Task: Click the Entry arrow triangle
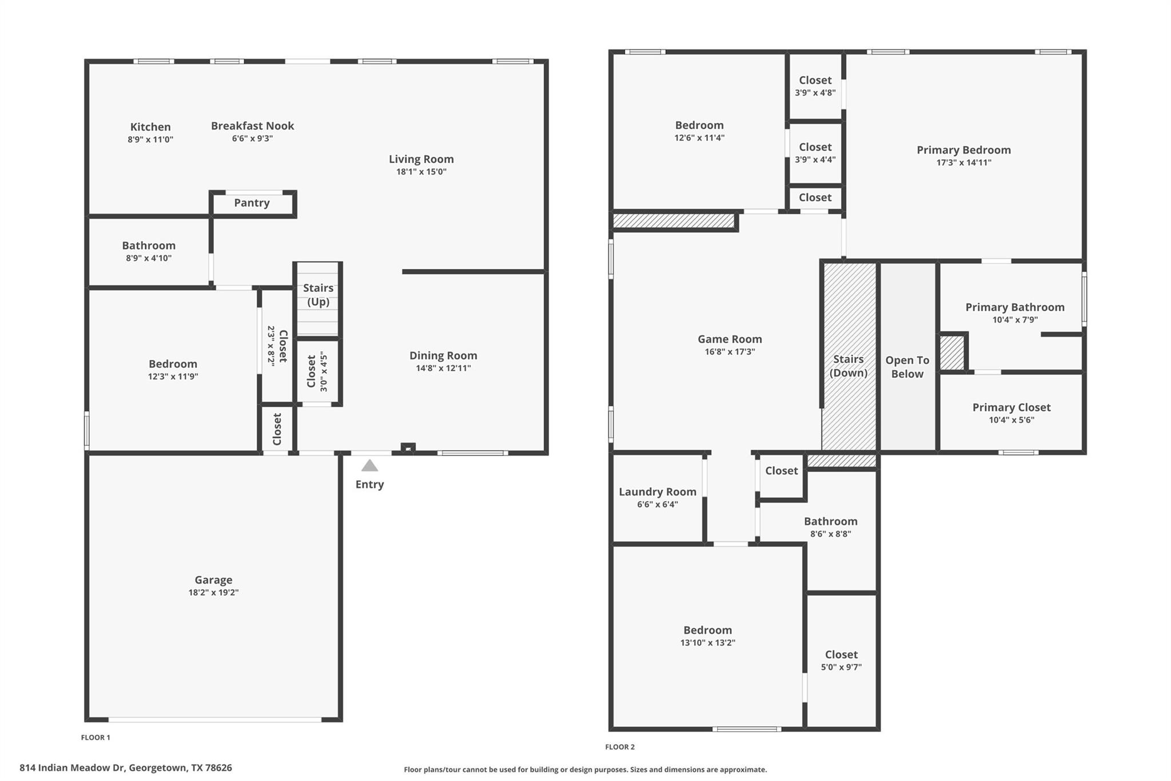(369, 466)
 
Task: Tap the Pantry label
(252, 203)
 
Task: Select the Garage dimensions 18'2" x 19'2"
(213, 593)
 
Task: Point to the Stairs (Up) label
(318, 295)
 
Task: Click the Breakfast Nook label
(252, 126)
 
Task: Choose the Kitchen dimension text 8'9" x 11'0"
(150, 140)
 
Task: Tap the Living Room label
(421, 159)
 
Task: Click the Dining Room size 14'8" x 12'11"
(443, 368)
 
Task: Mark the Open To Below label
(907, 367)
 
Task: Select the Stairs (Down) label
(848, 366)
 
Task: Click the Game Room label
(730, 339)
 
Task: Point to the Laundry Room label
(658, 491)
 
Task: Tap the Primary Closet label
(1011, 407)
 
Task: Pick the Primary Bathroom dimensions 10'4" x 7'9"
(1015, 320)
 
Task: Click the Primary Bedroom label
(963, 150)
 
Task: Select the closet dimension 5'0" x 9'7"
(841, 667)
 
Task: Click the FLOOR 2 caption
(620, 747)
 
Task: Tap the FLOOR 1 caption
(95, 738)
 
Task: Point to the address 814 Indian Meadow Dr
(126, 768)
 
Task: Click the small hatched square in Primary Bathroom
(952, 352)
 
